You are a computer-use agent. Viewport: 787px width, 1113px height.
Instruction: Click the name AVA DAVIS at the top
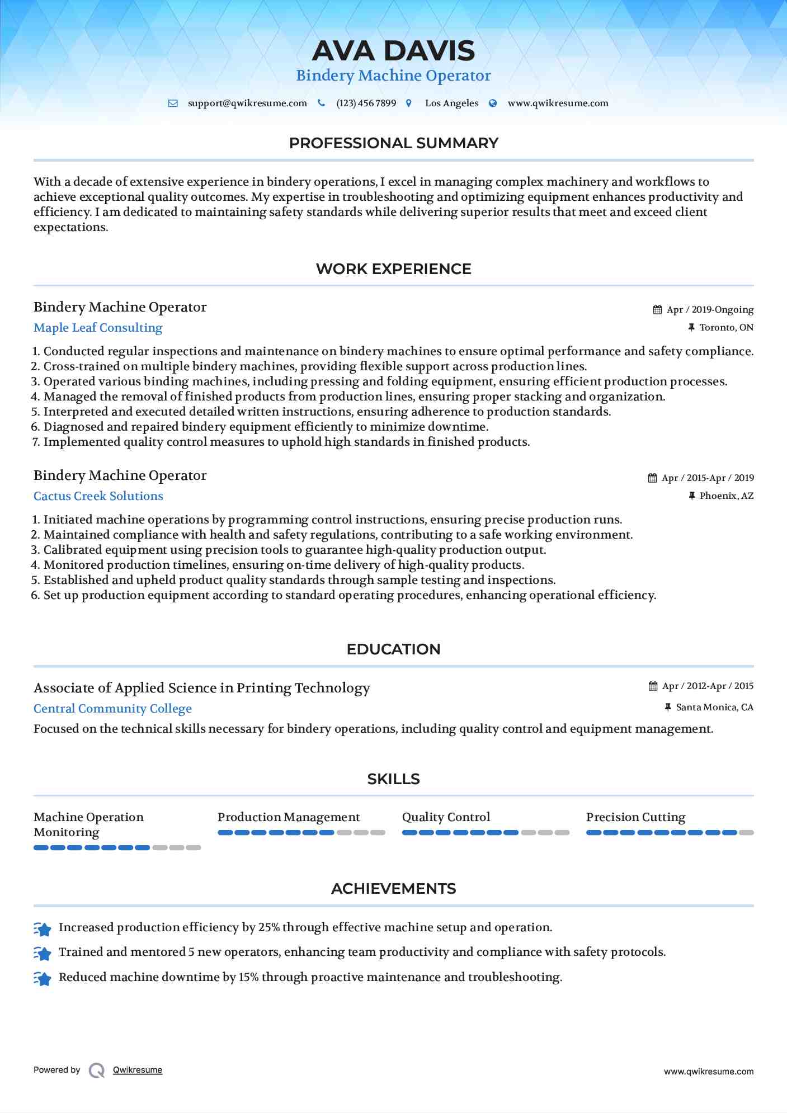click(393, 51)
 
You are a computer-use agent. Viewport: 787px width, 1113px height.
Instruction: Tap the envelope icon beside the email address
click(173, 103)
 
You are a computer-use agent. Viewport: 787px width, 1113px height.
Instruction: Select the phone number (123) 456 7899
click(366, 103)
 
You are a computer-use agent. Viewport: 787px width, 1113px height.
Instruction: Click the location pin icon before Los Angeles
click(409, 103)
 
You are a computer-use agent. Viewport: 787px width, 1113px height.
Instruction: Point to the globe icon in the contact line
click(493, 103)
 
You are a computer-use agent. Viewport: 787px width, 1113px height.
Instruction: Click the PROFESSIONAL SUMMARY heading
click(393, 143)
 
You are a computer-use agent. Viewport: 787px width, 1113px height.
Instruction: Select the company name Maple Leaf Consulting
click(98, 328)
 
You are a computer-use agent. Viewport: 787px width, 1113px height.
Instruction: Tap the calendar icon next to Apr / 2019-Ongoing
click(657, 310)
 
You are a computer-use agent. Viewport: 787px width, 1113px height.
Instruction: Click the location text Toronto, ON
click(726, 328)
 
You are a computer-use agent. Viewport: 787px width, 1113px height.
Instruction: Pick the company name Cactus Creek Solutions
click(98, 496)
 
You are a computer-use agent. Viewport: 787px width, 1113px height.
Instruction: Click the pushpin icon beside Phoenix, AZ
click(692, 496)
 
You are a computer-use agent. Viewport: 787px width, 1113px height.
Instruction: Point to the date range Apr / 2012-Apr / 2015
click(708, 686)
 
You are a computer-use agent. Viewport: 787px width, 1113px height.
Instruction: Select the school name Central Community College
click(112, 709)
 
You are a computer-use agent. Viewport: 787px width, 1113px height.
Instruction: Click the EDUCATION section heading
click(393, 649)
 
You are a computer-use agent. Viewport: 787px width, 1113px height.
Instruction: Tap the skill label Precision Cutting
click(635, 817)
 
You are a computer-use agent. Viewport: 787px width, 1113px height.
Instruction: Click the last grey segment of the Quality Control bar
click(562, 833)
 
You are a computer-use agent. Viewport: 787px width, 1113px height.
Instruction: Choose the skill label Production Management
click(289, 817)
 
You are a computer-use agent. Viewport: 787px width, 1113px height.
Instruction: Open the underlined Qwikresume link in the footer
click(138, 1070)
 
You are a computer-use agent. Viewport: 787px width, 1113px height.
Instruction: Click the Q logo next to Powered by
click(97, 1070)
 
